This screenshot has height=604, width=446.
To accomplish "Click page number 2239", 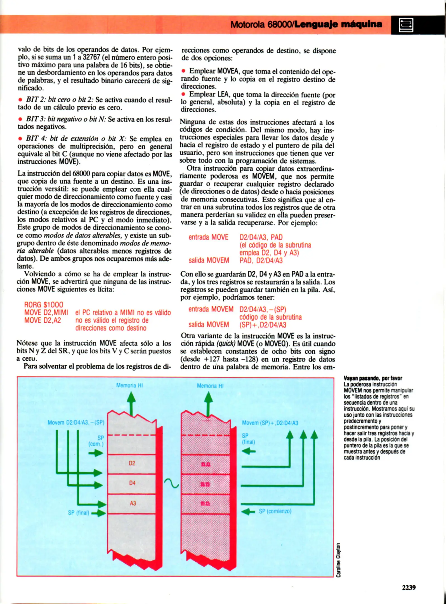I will [409, 588].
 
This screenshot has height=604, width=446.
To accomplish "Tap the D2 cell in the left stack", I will [132, 463].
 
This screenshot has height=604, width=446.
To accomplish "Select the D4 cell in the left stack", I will [132, 483].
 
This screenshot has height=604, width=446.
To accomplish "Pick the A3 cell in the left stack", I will [133, 503].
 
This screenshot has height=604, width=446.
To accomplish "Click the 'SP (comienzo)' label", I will [275, 511].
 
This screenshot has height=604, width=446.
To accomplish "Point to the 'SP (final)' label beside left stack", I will [79, 513].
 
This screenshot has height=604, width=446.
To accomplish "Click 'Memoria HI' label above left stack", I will [129, 385].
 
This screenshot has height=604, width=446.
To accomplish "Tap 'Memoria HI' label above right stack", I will [210, 386].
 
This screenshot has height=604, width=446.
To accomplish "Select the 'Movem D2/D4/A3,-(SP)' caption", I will [76, 423].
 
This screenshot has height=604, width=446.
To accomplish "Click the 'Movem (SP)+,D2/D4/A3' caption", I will [270, 423].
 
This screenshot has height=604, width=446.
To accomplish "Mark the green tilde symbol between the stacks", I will [171, 483].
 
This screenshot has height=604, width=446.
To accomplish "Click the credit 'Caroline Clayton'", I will [338, 560].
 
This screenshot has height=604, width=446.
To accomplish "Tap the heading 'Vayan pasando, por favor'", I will [372, 378].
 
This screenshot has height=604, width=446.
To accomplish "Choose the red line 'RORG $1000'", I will [44, 305].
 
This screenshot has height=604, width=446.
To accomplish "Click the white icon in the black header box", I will [406, 25].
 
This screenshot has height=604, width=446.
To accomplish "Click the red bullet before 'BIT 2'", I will [20, 100].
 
